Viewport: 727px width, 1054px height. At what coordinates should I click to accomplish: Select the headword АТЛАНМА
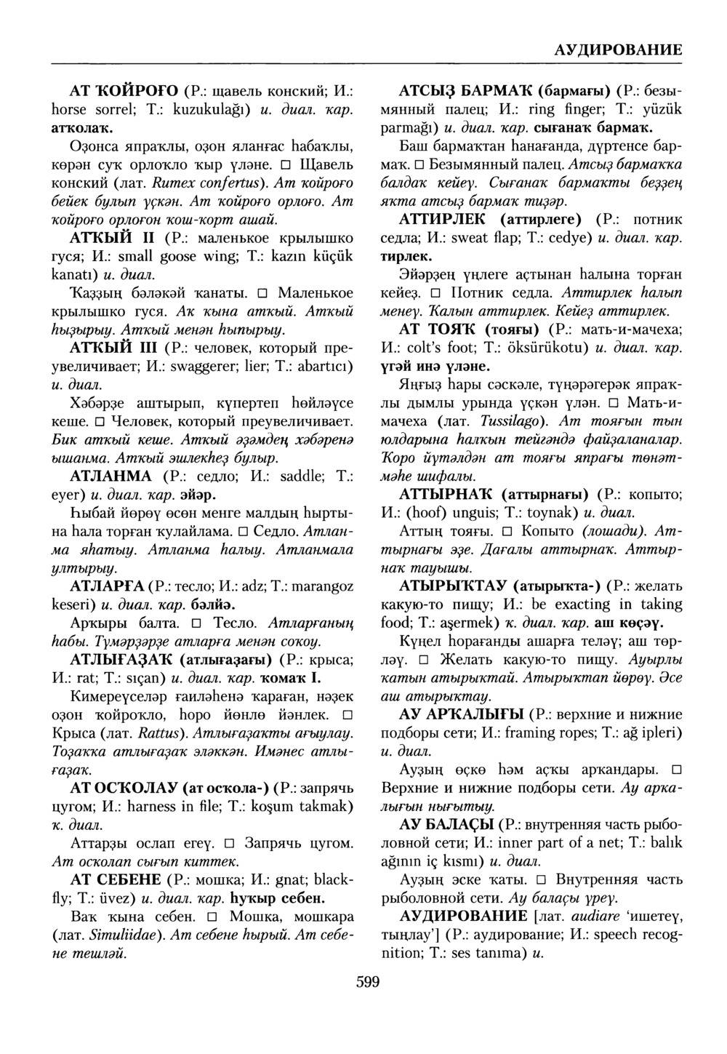(111, 476)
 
